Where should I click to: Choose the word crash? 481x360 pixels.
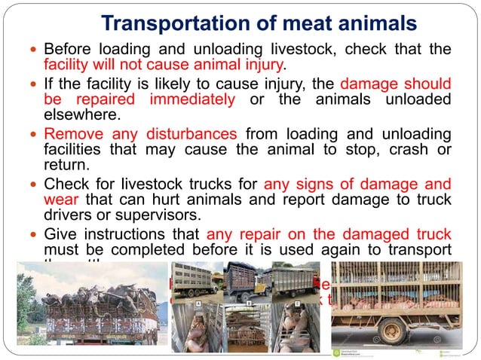(387, 149)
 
